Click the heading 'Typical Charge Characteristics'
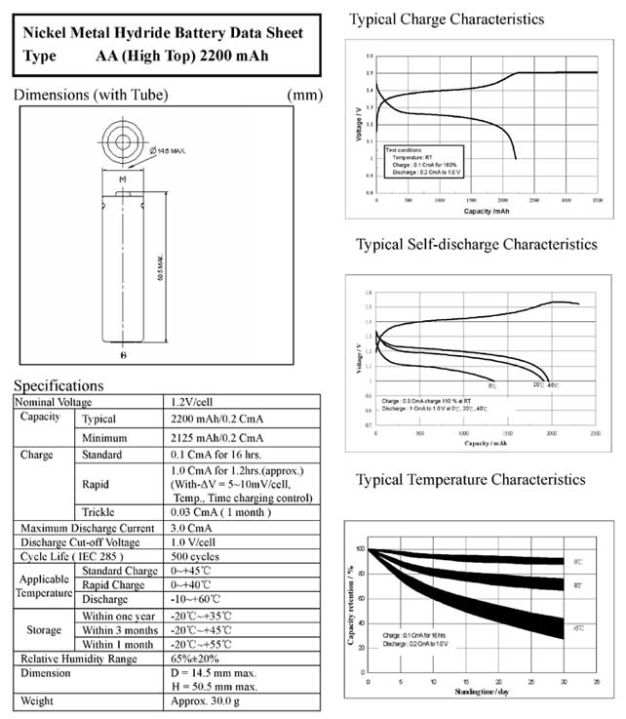[447, 20]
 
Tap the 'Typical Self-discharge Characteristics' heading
[476, 244]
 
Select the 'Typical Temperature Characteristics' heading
[470, 479]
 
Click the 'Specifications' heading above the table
[59, 385]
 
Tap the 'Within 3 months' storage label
[120, 630]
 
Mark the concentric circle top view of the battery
[123, 141]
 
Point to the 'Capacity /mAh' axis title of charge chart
[487, 211]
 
